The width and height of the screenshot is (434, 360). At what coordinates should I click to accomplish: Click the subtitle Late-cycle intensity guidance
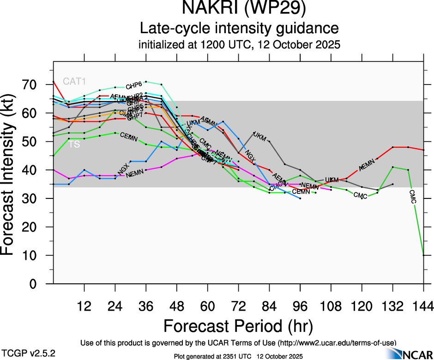click(x=239, y=28)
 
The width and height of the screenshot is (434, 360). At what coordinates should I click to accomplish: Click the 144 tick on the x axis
click(x=423, y=306)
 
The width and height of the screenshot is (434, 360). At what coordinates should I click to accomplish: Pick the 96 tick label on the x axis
click(x=300, y=306)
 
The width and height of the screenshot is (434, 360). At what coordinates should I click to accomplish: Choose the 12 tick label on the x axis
click(x=84, y=306)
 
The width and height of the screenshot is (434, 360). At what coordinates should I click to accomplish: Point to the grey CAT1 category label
click(x=74, y=82)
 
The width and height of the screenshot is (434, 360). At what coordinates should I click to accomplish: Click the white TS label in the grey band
click(x=74, y=144)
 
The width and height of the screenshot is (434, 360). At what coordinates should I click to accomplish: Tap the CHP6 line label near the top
click(x=134, y=85)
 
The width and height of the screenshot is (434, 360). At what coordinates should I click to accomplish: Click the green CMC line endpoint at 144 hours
click(x=423, y=255)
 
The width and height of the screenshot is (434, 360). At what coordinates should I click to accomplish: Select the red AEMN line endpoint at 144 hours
click(x=423, y=150)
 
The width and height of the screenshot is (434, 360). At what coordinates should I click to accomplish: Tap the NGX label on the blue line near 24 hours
click(x=123, y=169)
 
